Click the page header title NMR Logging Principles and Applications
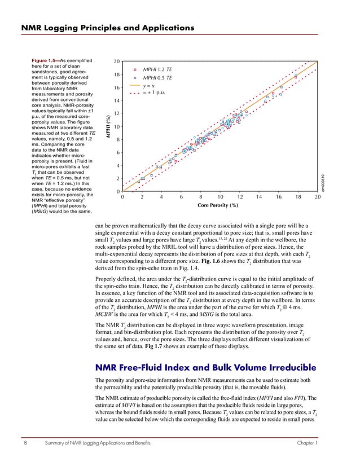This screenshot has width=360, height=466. (107, 27)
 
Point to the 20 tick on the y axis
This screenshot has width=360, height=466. (116, 61)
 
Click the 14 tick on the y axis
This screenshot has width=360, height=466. (116, 100)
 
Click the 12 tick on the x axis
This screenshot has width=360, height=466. (240, 197)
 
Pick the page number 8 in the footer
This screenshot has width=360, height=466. (26, 445)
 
